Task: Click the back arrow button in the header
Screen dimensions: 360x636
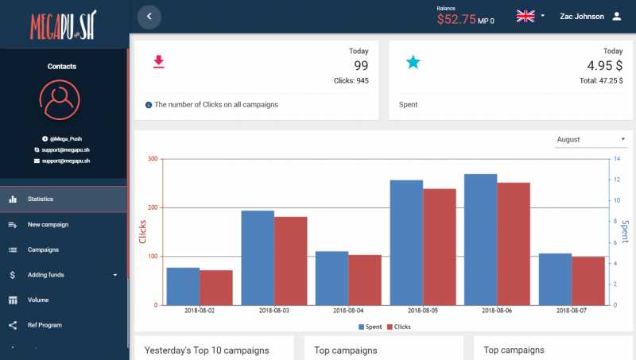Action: point(149,16)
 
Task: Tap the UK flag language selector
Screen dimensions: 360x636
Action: point(525,16)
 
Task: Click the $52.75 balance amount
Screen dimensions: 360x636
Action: point(456,19)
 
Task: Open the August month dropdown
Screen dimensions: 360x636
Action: point(591,140)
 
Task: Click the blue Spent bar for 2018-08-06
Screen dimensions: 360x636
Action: point(480,239)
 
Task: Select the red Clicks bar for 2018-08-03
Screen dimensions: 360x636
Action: point(290,261)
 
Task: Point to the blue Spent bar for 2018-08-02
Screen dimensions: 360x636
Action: point(183,286)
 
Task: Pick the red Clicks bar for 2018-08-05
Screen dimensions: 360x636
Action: point(439,246)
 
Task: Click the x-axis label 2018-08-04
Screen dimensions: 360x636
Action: point(348,311)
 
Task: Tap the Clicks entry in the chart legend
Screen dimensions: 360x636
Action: point(397,327)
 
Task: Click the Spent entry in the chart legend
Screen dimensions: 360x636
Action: point(370,327)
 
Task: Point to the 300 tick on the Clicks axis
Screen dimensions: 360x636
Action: point(152,159)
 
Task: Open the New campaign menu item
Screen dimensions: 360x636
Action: point(48,224)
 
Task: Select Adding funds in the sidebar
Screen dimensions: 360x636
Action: point(46,275)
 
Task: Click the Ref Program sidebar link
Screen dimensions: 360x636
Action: point(45,325)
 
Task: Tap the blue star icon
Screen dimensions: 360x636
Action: point(413,62)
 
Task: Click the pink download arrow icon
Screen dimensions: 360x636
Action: point(159,62)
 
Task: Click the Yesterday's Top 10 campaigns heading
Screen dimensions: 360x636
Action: point(207,350)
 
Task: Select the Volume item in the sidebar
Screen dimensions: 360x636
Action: point(38,300)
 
